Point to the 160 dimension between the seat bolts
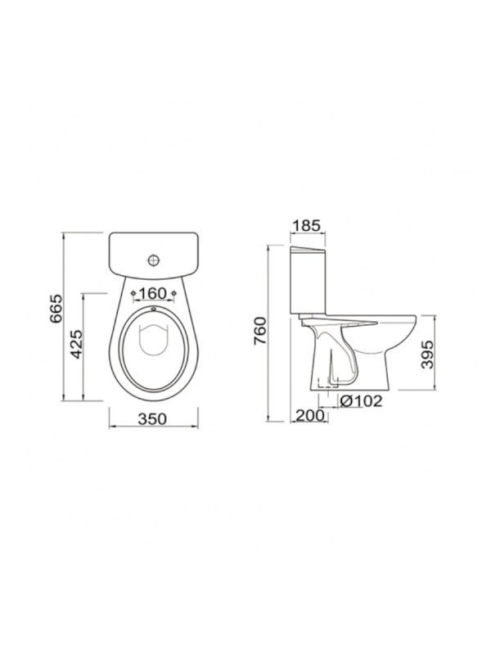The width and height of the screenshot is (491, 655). [153, 293]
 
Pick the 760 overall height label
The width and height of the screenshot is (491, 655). [259, 332]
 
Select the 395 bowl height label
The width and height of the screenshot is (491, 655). [438, 353]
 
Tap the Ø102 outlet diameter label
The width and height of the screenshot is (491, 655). [358, 402]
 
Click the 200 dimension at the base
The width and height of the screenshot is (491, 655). [309, 416]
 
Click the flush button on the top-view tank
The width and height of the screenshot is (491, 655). [153, 261]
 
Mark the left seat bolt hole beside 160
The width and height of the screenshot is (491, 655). [133, 293]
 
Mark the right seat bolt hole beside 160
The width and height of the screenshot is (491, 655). [174, 293]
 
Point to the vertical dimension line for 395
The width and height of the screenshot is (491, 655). [424, 353]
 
